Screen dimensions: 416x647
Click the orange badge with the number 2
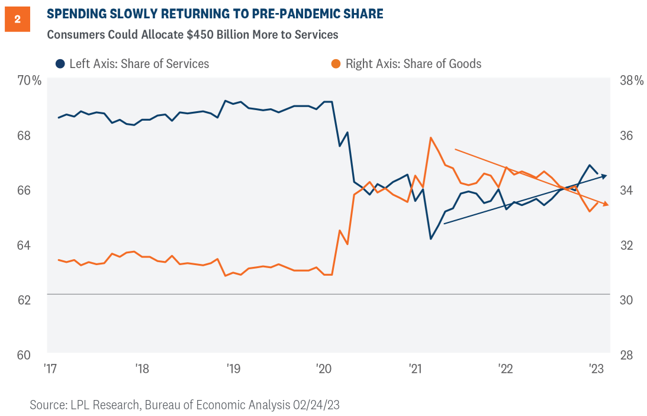(17, 20)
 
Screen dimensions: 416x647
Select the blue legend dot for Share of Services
(60, 63)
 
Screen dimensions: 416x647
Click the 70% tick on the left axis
(29, 80)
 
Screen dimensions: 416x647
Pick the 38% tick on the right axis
(630, 80)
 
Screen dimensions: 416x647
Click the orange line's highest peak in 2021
(431, 138)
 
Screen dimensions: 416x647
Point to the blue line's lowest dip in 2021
(431, 239)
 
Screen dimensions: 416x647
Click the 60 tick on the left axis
(23, 355)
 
